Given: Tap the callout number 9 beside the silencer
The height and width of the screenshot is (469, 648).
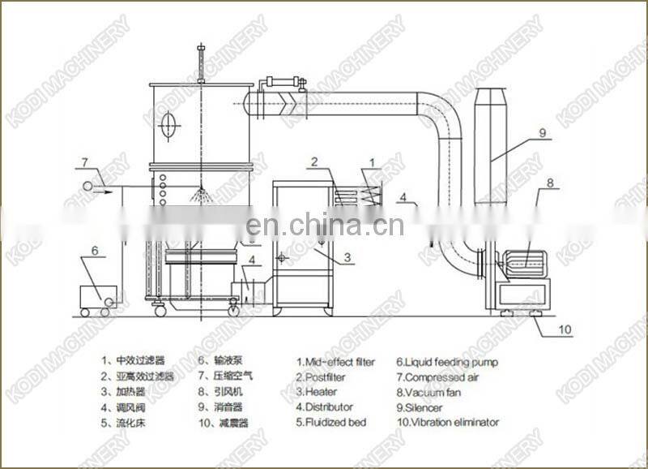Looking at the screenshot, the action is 543,131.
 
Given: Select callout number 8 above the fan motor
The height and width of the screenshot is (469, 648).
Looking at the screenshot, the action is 548,183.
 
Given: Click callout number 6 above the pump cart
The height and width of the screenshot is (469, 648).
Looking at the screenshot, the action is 95,251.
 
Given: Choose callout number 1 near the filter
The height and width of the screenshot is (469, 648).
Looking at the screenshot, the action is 372,163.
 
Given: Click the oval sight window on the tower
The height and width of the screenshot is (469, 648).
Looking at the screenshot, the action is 168,125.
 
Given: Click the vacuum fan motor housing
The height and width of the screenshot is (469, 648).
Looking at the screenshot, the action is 526,260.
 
